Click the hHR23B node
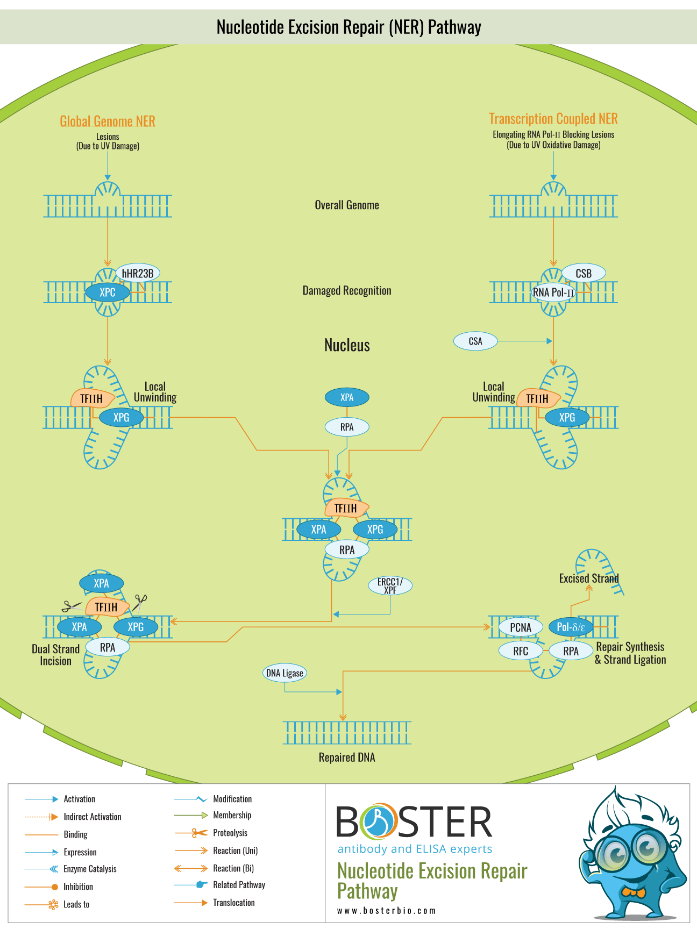[138, 273]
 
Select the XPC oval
[108, 292]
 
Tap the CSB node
[584, 273]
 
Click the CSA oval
[475, 341]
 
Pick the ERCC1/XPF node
[390, 585]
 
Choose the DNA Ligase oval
[285, 673]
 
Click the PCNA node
[521, 627]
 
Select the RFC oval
[521, 651]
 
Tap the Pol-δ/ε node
[571, 627]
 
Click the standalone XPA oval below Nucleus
[347, 397]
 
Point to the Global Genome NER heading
[108, 122]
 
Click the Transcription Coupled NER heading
[553, 119]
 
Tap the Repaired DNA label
[347, 758]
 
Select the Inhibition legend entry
[78, 887]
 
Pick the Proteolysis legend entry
[230, 833]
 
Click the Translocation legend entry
[233, 903]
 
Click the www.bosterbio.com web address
[386, 911]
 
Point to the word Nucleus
[347, 345]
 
